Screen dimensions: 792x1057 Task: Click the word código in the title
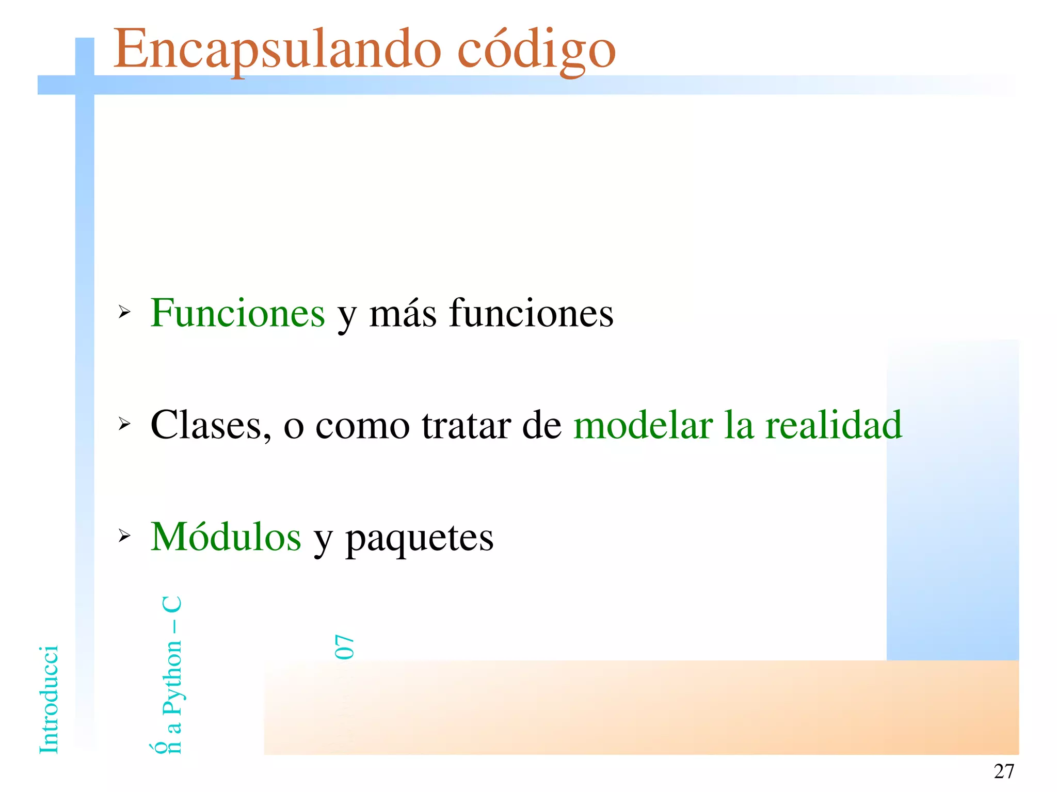click(x=536, y=51)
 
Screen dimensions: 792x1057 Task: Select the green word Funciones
click(x=237, y=313)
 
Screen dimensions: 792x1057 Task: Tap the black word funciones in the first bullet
click(x=531, y=313)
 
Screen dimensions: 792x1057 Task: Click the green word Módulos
click(x=226, y=537)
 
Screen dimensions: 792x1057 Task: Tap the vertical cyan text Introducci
click(x=49, y=700)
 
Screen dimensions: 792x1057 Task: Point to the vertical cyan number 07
click(x=344, y=647)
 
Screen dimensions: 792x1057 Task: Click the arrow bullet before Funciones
click(x=124, y=312)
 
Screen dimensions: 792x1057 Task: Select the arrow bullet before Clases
click(x=124, y=424)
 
